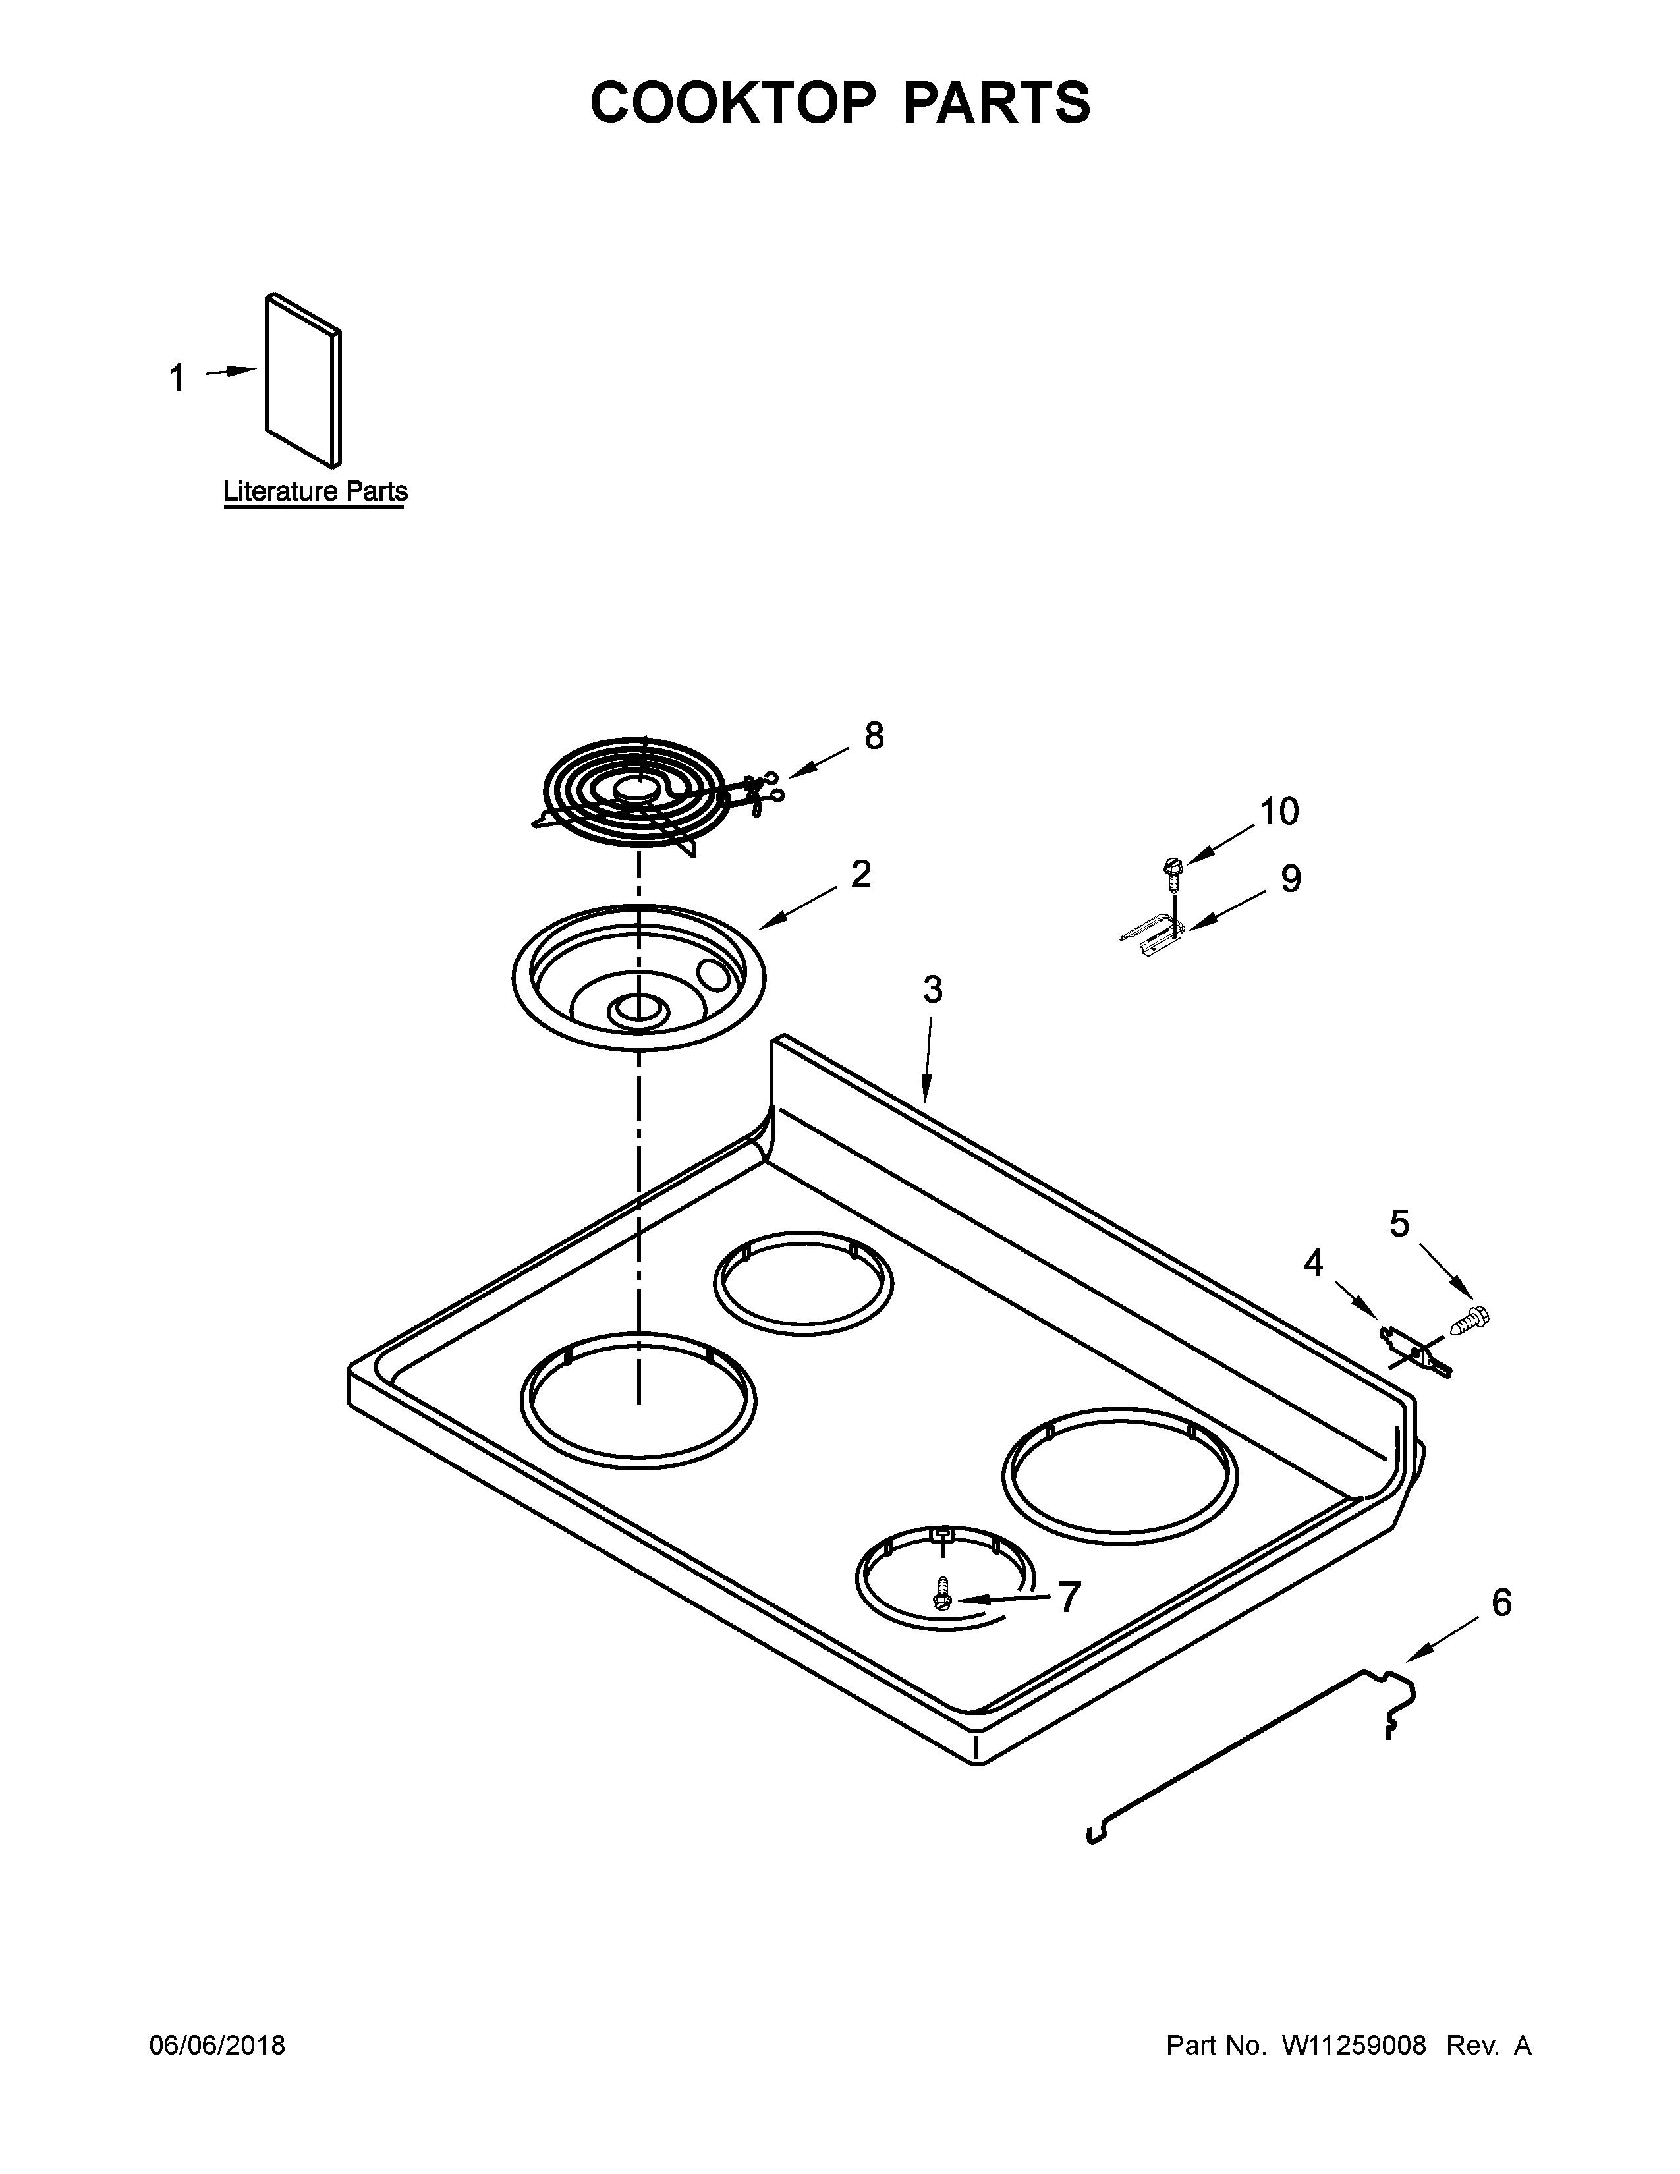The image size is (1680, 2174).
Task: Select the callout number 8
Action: (873, 736)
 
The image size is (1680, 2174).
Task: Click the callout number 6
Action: (1501, 1602)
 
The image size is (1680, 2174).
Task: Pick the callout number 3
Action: (932, 989)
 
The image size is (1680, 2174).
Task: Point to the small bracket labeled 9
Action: (1154, 937)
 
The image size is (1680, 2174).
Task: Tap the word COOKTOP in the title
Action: (733, 103)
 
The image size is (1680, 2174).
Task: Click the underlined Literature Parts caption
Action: (314, 491)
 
